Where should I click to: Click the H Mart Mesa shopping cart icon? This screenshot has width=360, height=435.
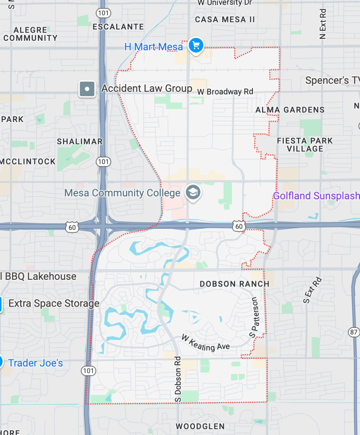196,45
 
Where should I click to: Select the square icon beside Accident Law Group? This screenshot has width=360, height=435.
87,89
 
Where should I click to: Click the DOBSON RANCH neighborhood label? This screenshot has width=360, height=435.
235,284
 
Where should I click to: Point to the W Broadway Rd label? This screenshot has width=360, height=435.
225,91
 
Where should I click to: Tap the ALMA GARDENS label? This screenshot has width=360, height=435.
290,110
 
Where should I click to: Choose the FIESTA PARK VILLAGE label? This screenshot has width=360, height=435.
305,145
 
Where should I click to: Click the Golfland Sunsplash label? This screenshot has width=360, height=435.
316,196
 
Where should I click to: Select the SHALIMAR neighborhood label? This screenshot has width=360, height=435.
80,142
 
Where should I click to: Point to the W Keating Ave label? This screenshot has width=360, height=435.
205,343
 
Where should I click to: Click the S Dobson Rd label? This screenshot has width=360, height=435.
178,379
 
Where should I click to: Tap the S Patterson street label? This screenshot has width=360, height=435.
254,317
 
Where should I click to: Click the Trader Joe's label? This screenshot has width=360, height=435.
36,363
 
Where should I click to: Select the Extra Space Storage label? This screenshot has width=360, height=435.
54,304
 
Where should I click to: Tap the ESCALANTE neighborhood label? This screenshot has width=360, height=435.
118,26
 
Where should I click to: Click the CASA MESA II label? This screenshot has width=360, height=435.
225,20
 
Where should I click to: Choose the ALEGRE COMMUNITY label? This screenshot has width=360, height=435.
31,34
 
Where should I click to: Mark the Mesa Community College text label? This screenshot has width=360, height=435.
122,193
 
